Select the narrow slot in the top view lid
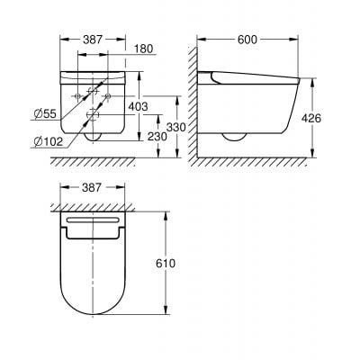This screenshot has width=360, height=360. click(x=93, y=221)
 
